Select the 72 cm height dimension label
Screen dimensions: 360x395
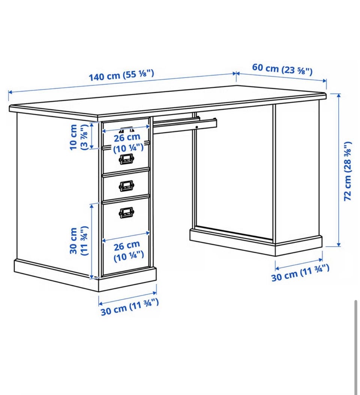click(x=348, y=171)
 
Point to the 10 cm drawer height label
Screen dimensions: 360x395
click(x=79, y=137)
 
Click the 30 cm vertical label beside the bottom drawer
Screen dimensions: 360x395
click(x=79, y=241)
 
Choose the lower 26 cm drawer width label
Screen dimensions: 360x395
click(x=128, y=251)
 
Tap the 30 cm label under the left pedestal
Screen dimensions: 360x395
click(x=130, y=307)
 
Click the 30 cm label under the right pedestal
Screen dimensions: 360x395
click(x=300, y=272)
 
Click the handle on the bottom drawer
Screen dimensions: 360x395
click(x=126, y=212)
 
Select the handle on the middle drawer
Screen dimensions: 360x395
click(x=126, y=186)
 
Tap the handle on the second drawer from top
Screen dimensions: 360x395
click(x=126, y=159)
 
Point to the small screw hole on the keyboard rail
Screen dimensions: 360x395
click(x=196, y=127)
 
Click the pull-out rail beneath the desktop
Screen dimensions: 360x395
click(x=184, y=125)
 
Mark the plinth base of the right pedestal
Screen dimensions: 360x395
click(x=256, y=242)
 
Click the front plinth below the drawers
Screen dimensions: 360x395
click(x=127, y=280)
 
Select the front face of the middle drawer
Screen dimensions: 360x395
click(x=126, y=185)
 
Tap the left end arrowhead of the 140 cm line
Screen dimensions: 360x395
click(x=10, y=92)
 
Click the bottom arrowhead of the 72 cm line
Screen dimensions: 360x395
click(x=339, y=245)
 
